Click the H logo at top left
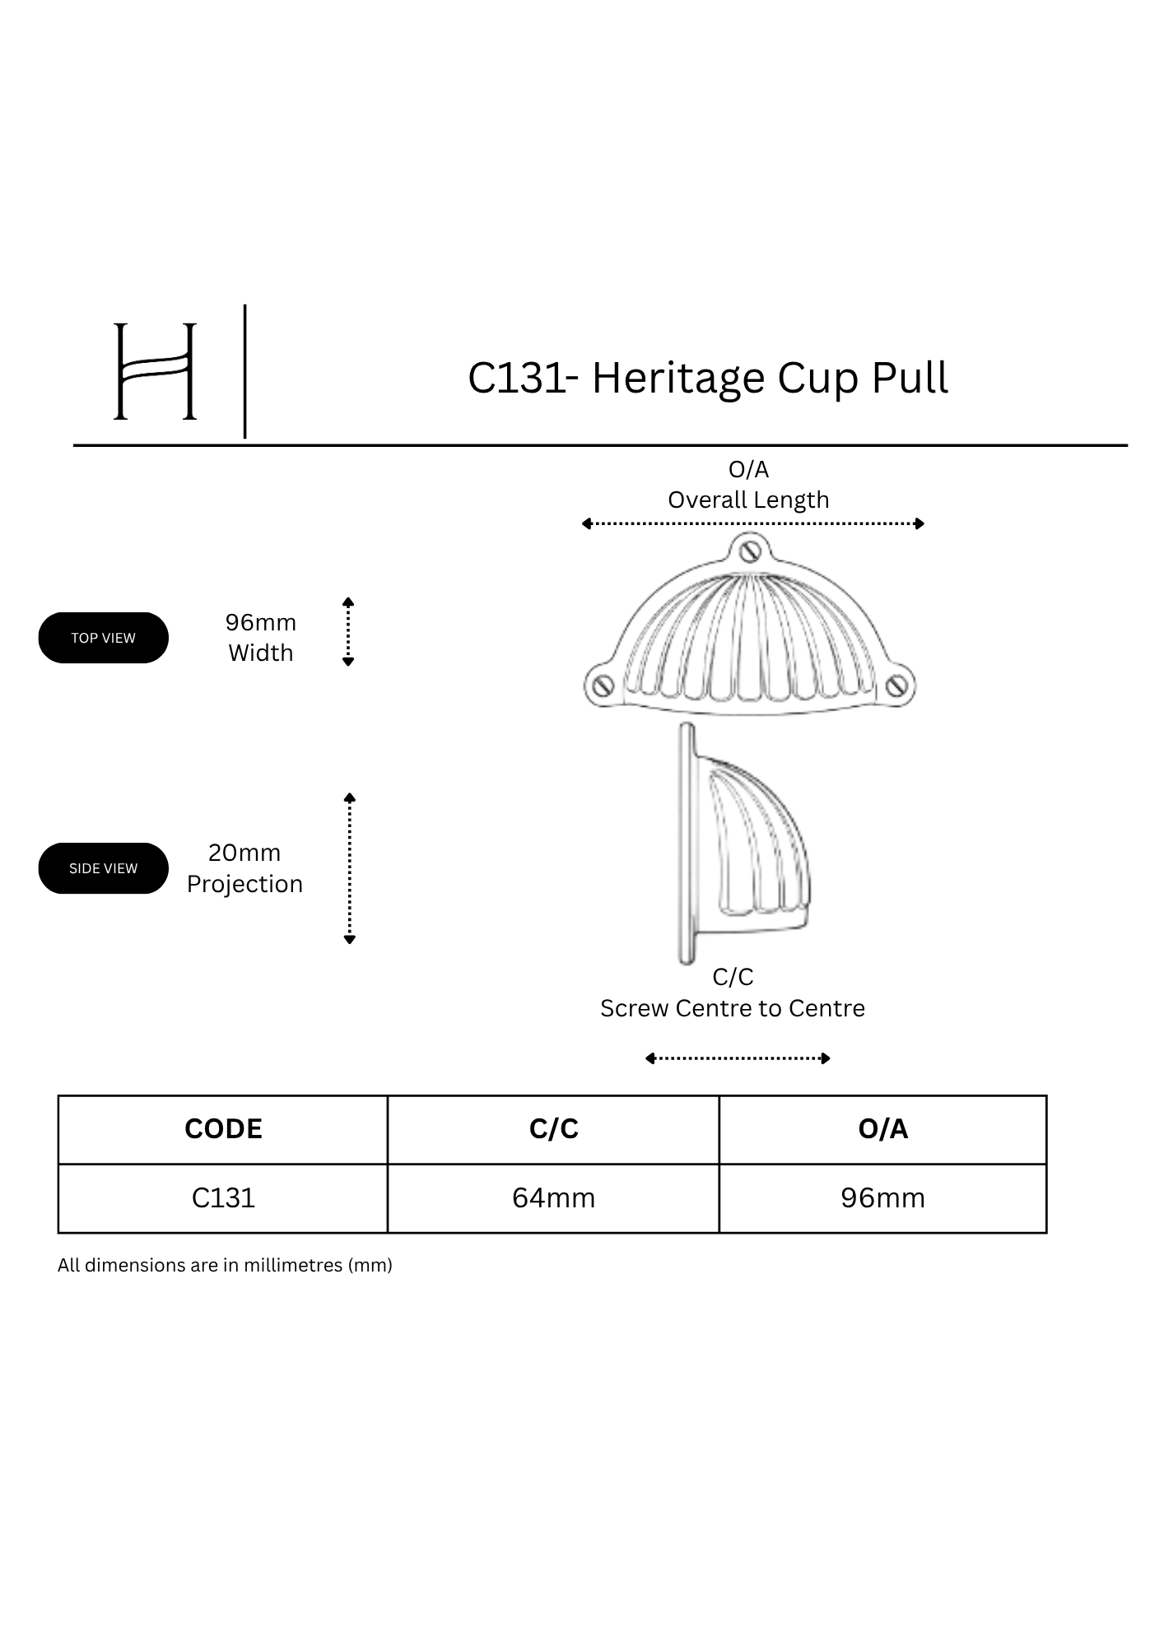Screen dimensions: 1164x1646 (155, 371)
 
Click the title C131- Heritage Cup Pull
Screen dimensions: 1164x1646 (708, 378)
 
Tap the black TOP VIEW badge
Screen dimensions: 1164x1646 (103, 638)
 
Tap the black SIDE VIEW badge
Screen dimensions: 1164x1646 (103, 868)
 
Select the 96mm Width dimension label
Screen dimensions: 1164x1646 (261, 637)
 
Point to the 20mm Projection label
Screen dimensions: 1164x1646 (244, 868)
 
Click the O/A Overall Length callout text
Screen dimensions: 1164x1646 (748, 485)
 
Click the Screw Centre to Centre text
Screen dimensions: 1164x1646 (733, 1008)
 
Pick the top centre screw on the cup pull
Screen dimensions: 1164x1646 (748, 549)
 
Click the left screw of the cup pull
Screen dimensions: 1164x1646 (603, 685)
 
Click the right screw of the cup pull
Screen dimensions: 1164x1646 (898, 685)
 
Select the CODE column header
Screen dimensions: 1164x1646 (223, 1129)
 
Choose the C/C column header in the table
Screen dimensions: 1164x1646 (554, 1129)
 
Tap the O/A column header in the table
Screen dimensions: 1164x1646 (883, 1129)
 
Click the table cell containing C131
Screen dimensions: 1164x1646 (223, 1198)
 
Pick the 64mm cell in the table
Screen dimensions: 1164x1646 (553, 1198)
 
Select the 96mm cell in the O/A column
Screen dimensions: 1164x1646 (883, 1198)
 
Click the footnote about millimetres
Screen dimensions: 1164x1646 (225, 1265)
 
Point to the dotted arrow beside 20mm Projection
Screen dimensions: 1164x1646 (349, 868)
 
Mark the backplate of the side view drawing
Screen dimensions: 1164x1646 (686, 844)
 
